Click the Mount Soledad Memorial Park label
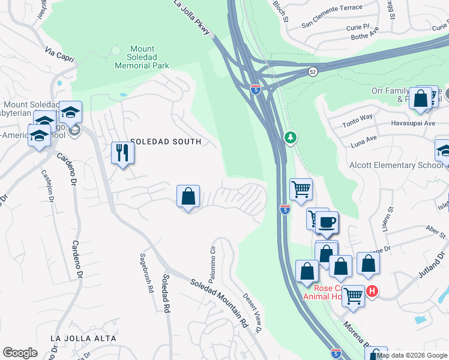pos(143,57)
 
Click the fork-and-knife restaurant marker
pos(122,152)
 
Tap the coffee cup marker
pos(327,223)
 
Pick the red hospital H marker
pos(372,292)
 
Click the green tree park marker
pos(291,138)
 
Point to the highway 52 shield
pos(313,71)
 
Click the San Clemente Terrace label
pos(332,8)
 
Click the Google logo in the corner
pos(20,352)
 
